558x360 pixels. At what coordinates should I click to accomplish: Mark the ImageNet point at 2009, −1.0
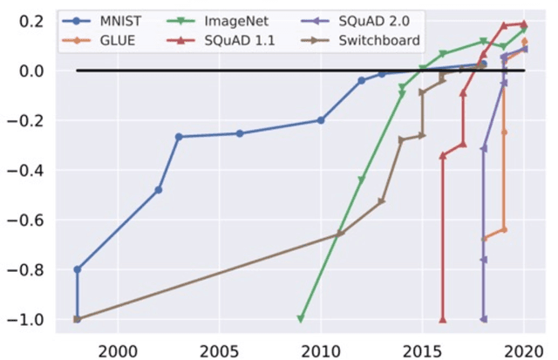[301, 319]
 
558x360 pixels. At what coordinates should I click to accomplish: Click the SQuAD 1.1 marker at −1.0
[443, 319]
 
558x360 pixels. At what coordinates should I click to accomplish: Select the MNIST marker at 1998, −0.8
[78, 269]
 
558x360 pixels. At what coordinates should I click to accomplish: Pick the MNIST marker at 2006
[240, 133]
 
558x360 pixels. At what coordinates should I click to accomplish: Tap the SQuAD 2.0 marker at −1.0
[484, 319]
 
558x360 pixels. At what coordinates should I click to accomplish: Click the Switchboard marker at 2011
[341, 234]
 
